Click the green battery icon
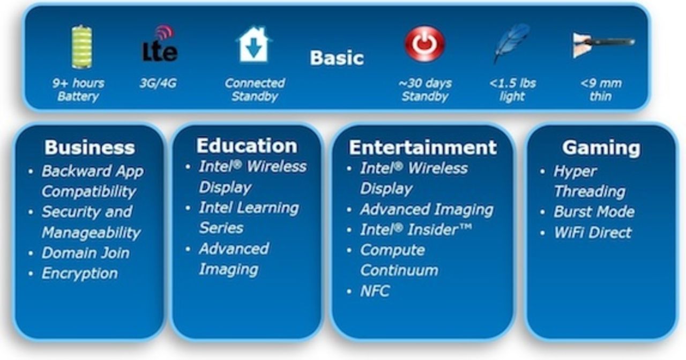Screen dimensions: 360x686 point(82,47)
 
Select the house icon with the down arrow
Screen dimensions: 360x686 point(253,44)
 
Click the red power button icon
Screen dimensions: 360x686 point(424,44)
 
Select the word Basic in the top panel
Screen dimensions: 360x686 point(337,58)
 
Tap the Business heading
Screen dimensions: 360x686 point(90,147)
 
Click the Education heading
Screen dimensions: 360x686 point(247,146)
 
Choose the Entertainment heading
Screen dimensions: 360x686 point(423,147)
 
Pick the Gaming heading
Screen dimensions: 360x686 point(601,147)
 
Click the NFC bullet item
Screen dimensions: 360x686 point(375,291)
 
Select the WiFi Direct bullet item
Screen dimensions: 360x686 point(593,232)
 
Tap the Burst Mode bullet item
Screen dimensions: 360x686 point(594,212)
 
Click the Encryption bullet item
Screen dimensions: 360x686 point(80,273)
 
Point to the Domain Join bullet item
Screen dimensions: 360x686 point(86,253)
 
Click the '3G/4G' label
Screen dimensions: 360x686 point(158,84)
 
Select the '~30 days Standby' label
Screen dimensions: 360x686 point(425,90)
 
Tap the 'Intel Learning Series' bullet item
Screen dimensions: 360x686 point(249,217)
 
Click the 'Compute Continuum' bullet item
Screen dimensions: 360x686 point(398,260)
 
